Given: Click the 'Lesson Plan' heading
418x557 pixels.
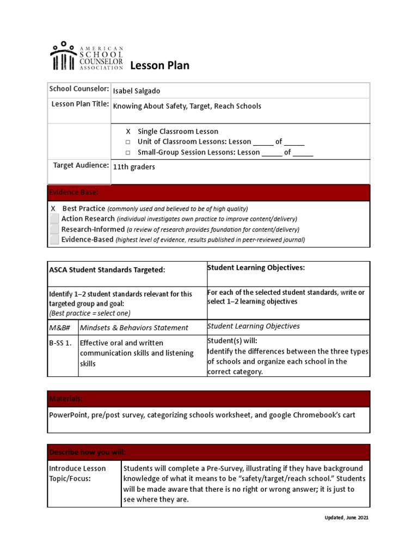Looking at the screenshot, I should [159, 66].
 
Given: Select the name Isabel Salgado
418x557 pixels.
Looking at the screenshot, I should [137, 91].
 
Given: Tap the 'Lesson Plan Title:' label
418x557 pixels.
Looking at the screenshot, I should [81, 104].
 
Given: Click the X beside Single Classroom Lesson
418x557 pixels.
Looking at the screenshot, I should [128, 132].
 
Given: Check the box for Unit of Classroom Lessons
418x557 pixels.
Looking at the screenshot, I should [128, 142].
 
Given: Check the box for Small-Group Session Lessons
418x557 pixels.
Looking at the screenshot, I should [128, 153].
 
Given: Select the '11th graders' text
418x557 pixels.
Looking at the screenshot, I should [134, 167].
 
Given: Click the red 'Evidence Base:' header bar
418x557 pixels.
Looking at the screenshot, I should [208, 193].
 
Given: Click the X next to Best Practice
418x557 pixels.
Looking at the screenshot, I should [53, 209].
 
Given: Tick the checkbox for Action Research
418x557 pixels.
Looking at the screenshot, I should [54, 219].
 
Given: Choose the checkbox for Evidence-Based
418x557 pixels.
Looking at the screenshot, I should [54, 239].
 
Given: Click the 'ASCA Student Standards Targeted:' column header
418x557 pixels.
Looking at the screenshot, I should [107, 270].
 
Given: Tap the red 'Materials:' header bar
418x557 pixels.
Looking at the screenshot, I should [208, 399].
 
